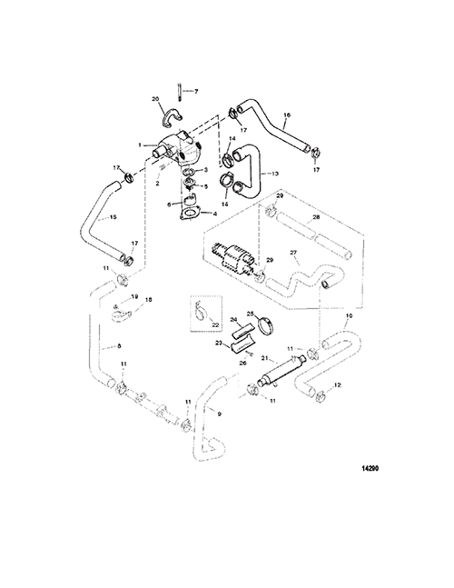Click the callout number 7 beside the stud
tap(196, 92)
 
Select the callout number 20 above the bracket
tap(155, 99)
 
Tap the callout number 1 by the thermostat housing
tap(140, 145)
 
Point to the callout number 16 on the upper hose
tap(287, 115)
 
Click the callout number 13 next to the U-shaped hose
tap(275, 174)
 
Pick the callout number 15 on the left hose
tap(113, 216)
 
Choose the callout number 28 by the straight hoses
tap(316, 217)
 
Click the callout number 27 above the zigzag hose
tap(294, 254)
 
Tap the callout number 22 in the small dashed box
tap(215, 325)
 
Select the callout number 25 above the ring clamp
tap(251, 314)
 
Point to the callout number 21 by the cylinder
tap(264, 358)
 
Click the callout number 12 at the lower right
tap(338, 384)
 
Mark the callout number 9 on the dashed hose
tap(220, 414)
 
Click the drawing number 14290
tap(370, 468)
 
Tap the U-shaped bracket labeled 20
tap(173, 116)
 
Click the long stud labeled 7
tap(180, 91)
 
